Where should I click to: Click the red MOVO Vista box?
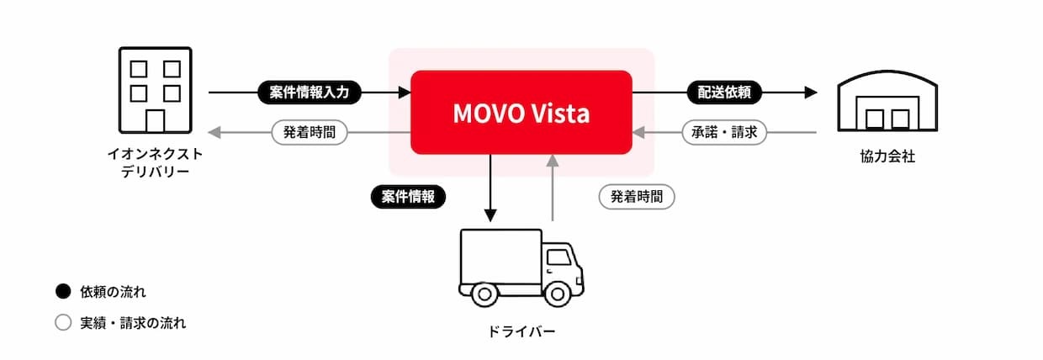(521, 112)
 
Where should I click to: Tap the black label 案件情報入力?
(310, 93)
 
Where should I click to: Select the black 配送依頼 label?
(724, 93)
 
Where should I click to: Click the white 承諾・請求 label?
(724, 132)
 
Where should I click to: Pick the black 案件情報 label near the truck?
(408, 197)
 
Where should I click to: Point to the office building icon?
(155, 90)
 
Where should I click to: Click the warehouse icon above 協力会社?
(887, 101)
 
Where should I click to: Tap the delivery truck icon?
(521, 267)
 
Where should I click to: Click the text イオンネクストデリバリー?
(155, 162)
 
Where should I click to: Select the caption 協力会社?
(887, 156)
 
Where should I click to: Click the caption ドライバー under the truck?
(521, 331)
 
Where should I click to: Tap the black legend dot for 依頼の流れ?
(63, 292)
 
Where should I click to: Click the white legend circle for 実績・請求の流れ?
(63, 322)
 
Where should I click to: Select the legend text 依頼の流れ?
(113, 292)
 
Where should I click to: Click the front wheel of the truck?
(558, 294)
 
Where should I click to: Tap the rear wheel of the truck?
(484, 294)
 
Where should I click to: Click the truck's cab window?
(559, 257)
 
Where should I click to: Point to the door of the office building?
(155, 121)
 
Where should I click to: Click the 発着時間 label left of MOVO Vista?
(310, 132)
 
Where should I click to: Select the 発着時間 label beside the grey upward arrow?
(637, 197)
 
